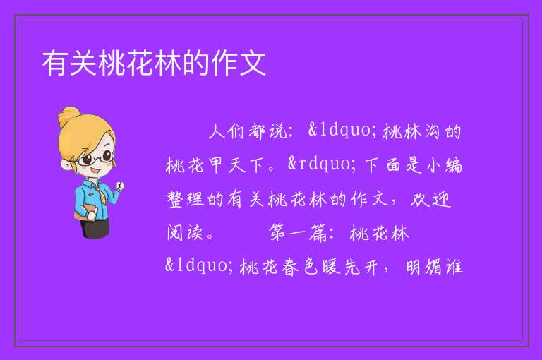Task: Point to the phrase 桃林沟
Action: click(x=411, y=131)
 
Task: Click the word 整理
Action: click(x=186, y=199)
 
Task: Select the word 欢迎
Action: click(x=430, y=199)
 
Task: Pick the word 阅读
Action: click(x=185, y=233)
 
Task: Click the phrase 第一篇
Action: click(x=298, y=233)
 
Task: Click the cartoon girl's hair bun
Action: click(x=68, y=116)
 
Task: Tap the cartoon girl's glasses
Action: click(x=96, y=159)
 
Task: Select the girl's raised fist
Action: click(x=119, y=186)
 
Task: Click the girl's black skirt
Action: click(x=95, y=228)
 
